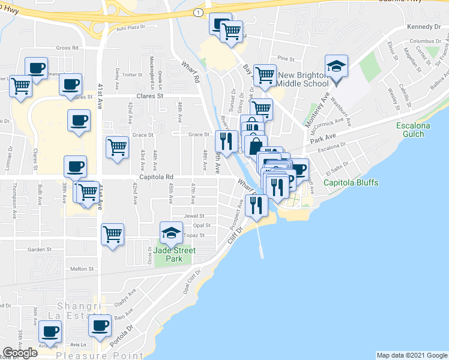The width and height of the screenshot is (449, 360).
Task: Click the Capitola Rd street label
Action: [157, 177]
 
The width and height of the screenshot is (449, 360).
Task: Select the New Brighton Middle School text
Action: [303, 79]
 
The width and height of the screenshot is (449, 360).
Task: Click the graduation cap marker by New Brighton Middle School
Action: [336, 67]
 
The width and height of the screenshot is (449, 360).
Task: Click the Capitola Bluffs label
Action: [351, 182]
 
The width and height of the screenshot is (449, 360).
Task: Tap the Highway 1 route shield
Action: [198, 12]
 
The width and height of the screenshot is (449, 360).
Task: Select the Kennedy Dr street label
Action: [423, 26]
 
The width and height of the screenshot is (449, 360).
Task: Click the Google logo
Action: [20, 353]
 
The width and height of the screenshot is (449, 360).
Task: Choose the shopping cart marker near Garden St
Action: [112, 235]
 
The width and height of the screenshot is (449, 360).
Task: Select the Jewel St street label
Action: [194, 215]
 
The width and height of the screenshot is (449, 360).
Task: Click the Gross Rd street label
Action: [68, 47]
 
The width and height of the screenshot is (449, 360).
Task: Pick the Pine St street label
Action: [286, 59]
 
